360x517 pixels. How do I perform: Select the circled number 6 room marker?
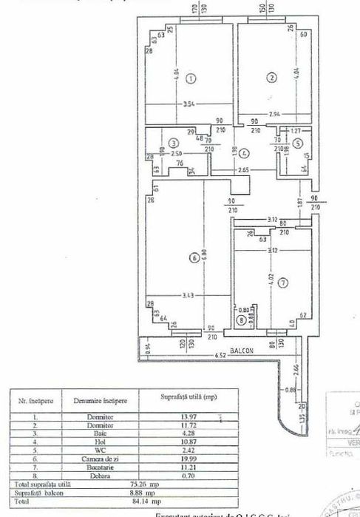point(193,259)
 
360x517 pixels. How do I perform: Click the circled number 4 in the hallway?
point(245,154)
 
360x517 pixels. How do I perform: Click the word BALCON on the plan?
point(240,353)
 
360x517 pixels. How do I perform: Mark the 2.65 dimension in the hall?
point(244,171)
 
